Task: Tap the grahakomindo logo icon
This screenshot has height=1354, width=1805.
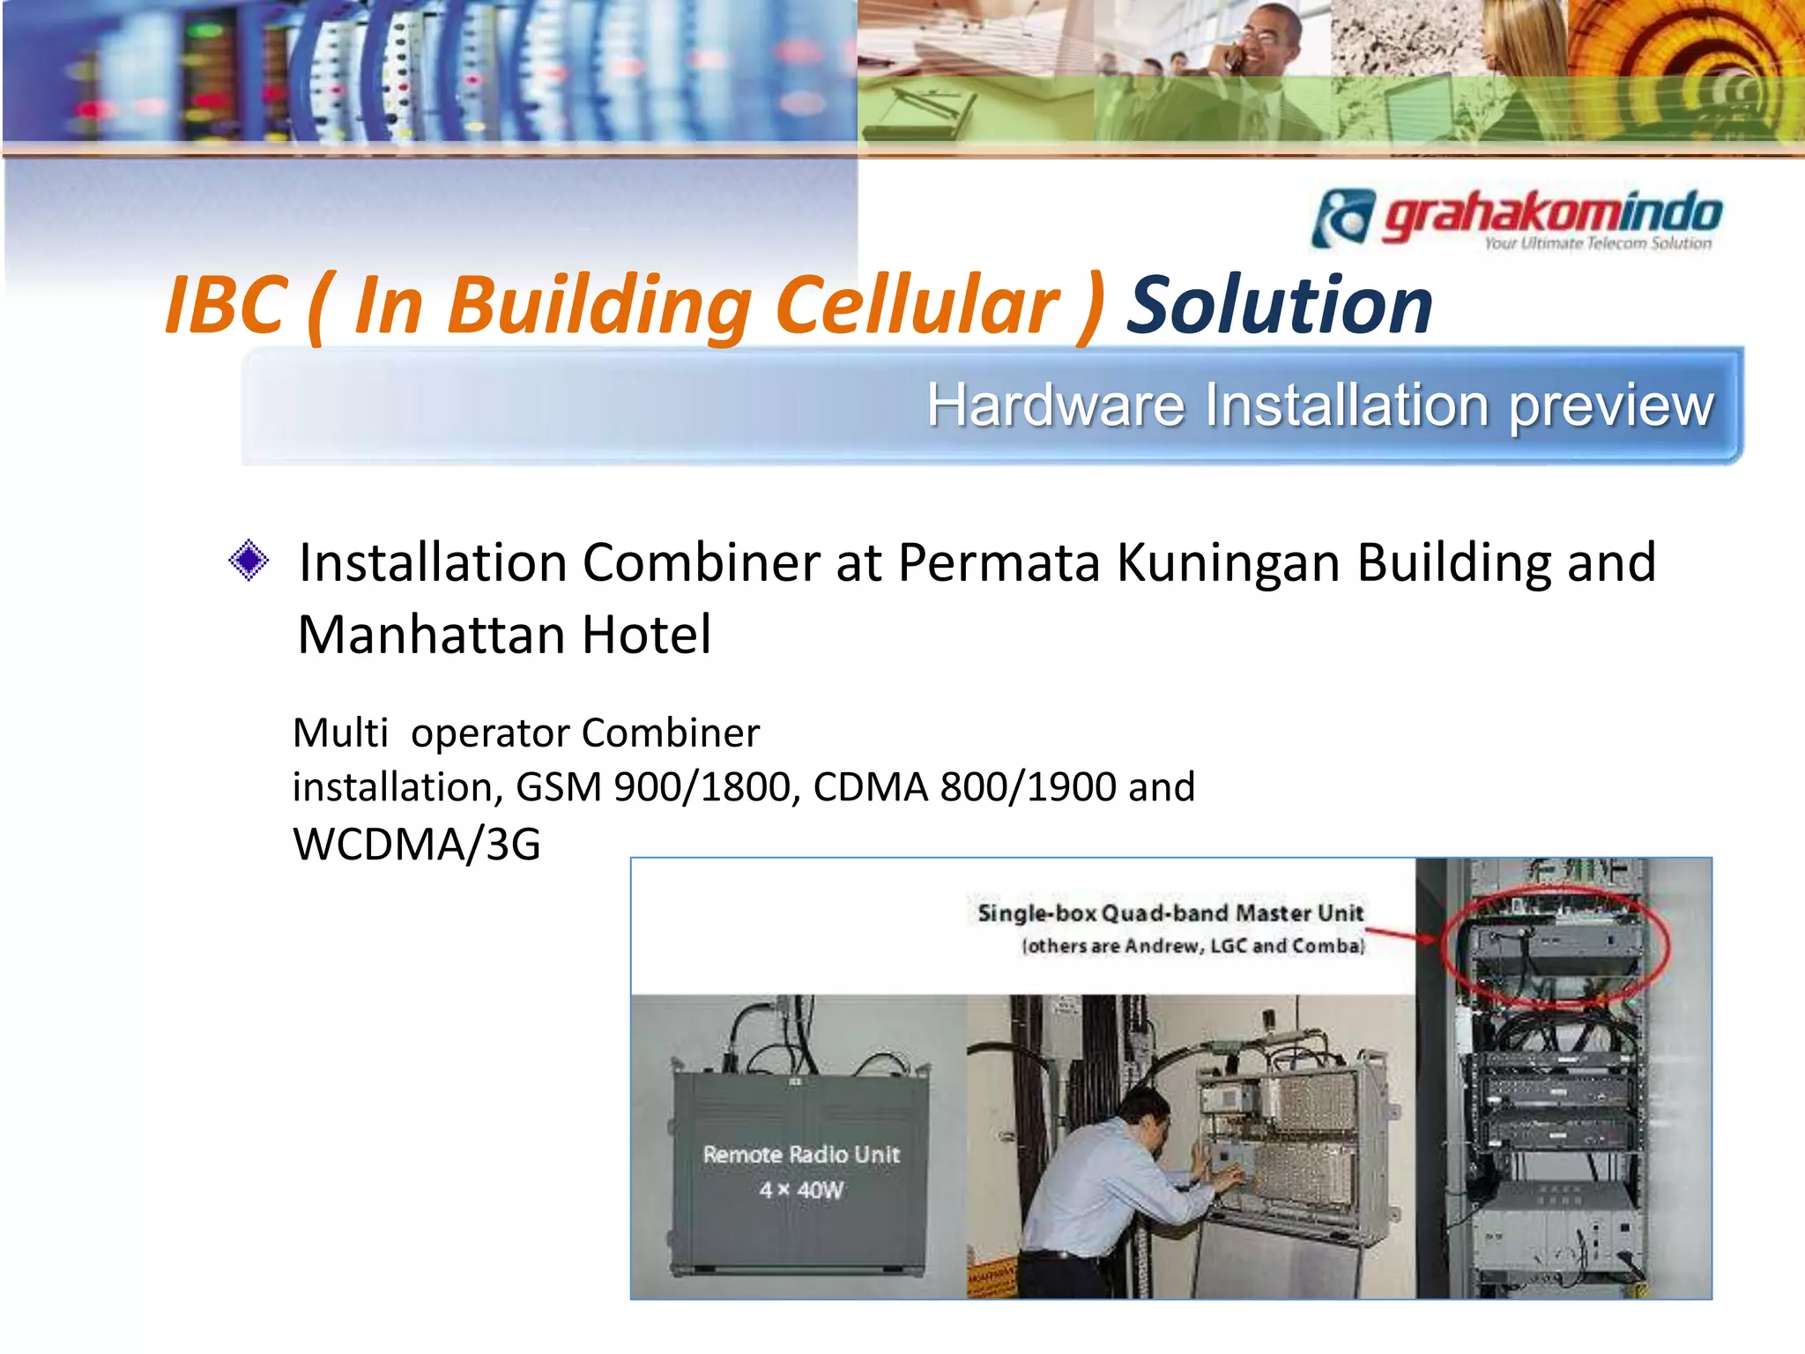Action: point(1342,218)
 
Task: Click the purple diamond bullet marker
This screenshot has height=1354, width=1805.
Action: point(249,561)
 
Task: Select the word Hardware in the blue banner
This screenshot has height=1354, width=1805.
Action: point(1056,405)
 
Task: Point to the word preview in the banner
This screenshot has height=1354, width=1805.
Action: point(1611,406)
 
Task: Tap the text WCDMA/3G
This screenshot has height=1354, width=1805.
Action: point(416,844)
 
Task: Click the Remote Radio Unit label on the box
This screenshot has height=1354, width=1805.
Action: point(801,1155)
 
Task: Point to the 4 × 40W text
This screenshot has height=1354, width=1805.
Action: point(801,1190)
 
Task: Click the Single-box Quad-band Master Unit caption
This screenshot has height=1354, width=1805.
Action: point(1170,913)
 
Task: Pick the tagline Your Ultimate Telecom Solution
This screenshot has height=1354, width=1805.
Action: point(1597,243)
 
